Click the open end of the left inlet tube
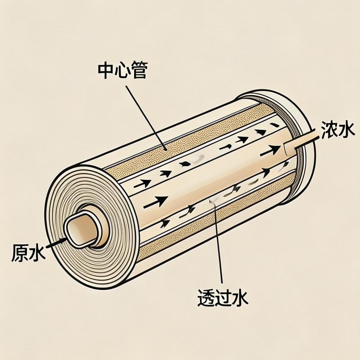(82, 231)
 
